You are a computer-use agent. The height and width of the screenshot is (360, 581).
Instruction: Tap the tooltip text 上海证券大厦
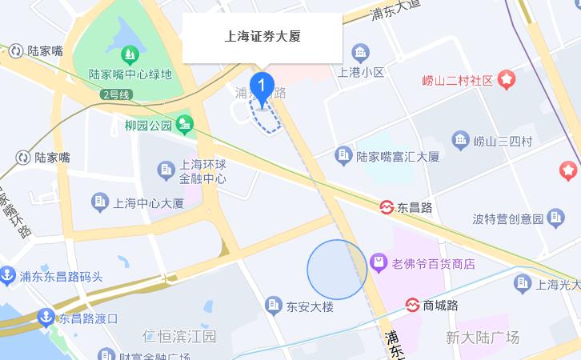[x=262, y=37]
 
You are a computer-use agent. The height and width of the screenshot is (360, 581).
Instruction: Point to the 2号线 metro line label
[x=115, y=94]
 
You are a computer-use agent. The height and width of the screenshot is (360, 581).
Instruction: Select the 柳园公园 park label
[x=149, y=126]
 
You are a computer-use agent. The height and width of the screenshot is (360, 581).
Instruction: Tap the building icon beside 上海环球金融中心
[x=166, y=170]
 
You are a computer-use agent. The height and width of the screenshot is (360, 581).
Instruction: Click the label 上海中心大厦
[x=149, y=202]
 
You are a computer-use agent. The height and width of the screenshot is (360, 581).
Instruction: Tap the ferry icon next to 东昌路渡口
[x=46, y=318]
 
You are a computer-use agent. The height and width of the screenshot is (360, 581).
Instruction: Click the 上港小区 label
[x=361, y=72]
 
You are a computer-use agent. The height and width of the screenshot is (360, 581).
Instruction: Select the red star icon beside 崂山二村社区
[x=507, y=79]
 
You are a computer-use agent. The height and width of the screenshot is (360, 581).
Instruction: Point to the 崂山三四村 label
[x=503, y=142]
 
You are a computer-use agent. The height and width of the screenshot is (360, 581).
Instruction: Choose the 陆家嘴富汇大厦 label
[x=398, y=157]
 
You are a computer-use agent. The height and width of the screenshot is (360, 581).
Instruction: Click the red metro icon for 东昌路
[x=387, y=207]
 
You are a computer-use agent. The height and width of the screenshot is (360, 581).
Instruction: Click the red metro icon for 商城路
[x=412, y=305]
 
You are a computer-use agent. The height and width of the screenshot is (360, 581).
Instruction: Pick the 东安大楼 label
[x=310, y=306]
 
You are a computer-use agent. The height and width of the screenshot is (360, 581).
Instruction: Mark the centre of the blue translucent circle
[x=337, y=270]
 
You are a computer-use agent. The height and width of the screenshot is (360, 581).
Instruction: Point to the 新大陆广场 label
[x=483, y=337]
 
